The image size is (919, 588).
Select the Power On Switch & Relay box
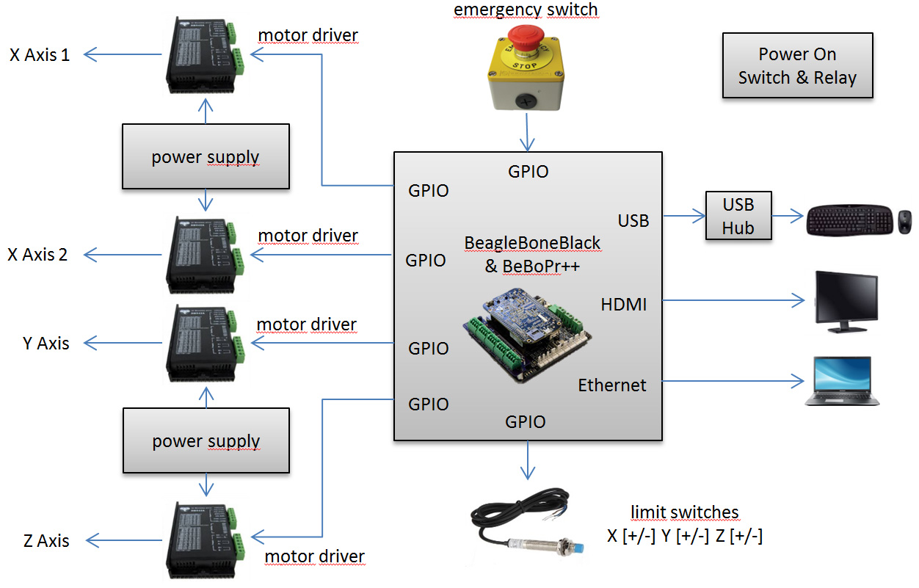pyautogui.click(x=797, y=65)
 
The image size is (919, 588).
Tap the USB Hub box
pyautogui.click(x=738, y=216)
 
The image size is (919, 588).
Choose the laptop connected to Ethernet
pyautogui.click(x=842, y=381)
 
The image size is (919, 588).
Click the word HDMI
pyautogui.click(x=624, y=304)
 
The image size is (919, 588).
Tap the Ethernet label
pyautogui.click(x=612, y=385)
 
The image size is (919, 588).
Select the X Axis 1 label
pyautogui.click(x=40, y=54)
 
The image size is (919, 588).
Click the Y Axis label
pyautogui.click(x=46, y=344)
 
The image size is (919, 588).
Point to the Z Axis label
pyautogui.click(x=46, y=541)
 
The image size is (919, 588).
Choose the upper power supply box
pyautogui.click(x=206, y=156)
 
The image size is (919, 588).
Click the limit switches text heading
pyautogui.click(x=684, y=512)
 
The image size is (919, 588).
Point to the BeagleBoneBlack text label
pyautogui.click(x=532, y=243)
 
